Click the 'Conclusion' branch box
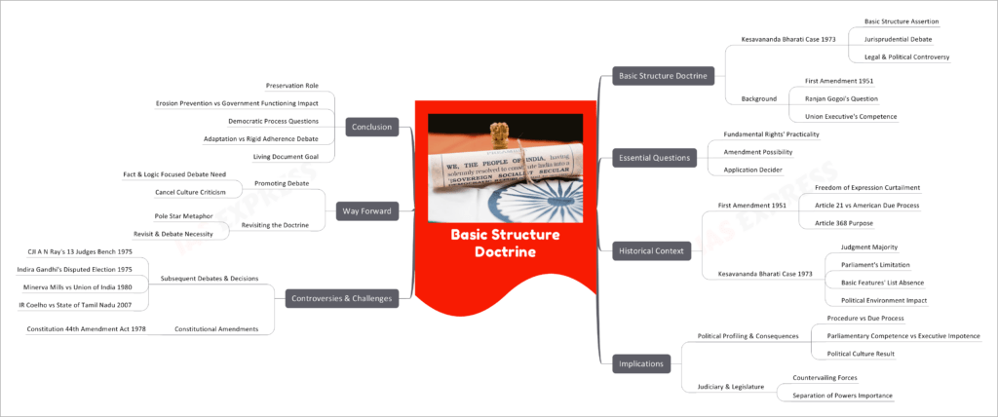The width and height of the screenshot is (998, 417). (x=373, y=126)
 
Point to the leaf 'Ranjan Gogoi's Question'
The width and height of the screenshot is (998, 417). (x=843, y=98)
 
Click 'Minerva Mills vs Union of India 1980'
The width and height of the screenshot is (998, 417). (x=75, y=286)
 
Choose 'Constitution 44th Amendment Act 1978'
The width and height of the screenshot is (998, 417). (x=87, y=328)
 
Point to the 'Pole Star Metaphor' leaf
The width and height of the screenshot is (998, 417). (x=183, y=215)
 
